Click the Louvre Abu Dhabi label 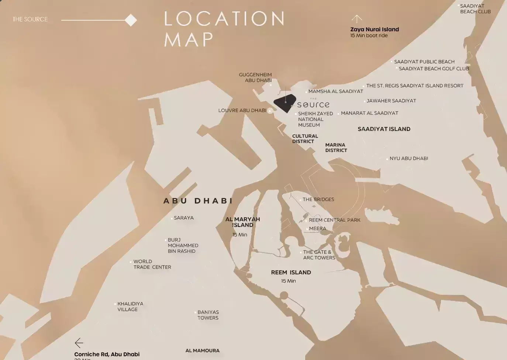[242, 110]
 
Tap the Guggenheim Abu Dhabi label [255, 77]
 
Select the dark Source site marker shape [284, 104]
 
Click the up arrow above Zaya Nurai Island [356, 18]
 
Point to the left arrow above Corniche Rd [79, 343]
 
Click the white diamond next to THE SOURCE [131, 20]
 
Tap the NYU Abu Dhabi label [408, 158]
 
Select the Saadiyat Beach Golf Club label [434, 69]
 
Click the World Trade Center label [152, 264]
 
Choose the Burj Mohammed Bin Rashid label [183, 245]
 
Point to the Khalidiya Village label [130, 307]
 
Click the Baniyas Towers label [208, 315]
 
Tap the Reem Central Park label [334, 220]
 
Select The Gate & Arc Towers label [319, 255]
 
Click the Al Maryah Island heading [242, 222]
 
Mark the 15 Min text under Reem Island [288, 281]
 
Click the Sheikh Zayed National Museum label [315, 119]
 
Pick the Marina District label [336, 148]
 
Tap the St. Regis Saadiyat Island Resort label [414, 86]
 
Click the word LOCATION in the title [224, 18]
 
